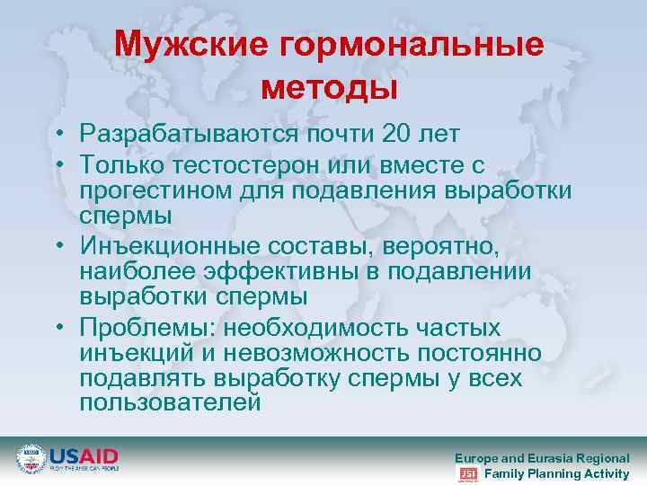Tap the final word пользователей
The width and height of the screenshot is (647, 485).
tap(171, 402)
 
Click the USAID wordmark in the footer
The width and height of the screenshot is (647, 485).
tap(83, 455)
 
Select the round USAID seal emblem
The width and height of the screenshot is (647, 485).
tap(31, 459)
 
